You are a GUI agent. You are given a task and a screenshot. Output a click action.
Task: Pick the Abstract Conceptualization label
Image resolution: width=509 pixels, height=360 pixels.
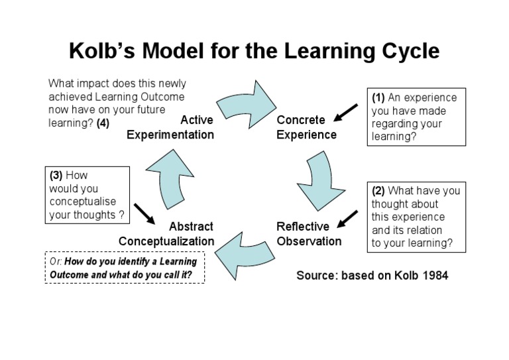click(166, 233)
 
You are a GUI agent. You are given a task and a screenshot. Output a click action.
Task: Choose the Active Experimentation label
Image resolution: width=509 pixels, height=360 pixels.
click(171, 127)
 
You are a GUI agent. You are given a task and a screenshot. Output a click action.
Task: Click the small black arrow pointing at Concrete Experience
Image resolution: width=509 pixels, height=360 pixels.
click(345, 113)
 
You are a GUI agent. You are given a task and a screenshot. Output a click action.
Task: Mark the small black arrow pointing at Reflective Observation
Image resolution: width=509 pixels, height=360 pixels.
click(347, 219)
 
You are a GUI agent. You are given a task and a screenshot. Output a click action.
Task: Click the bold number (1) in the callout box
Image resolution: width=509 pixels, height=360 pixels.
click(380, 97)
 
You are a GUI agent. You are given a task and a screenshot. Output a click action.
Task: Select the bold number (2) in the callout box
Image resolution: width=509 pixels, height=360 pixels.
click(380, 191)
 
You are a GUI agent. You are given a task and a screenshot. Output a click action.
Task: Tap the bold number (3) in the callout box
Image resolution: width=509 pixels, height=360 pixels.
click(56, 176)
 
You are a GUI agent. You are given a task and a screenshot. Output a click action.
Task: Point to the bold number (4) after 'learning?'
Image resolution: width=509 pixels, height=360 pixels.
click(103, 123)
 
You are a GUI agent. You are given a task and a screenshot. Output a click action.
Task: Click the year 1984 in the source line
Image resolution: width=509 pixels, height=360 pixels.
click(433, 274)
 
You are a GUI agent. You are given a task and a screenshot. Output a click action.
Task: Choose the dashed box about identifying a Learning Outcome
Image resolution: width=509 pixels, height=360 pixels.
click(125, 268)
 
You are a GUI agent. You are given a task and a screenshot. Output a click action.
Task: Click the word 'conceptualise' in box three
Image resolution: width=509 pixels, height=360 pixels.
click(79, 202)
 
